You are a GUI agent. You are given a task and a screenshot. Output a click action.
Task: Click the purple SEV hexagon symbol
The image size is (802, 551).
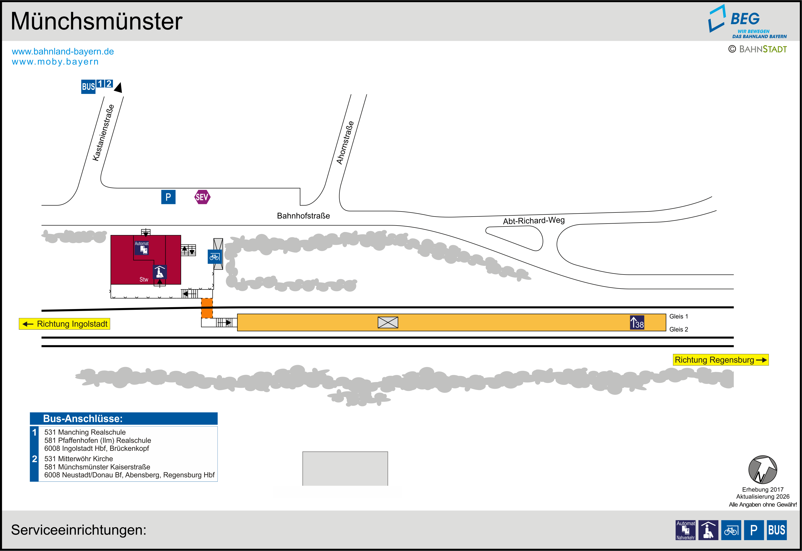pos(202,197)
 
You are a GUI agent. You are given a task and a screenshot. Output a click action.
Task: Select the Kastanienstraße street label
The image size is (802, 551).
pos(103,133)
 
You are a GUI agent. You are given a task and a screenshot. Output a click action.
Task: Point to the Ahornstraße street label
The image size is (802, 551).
pos(345,143)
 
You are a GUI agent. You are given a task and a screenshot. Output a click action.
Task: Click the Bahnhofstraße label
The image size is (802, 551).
pos(303,216)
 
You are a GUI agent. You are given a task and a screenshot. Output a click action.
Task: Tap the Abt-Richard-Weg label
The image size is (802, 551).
pos(534,220)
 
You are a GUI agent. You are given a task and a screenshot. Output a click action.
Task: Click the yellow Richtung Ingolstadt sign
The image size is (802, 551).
pos(64,324)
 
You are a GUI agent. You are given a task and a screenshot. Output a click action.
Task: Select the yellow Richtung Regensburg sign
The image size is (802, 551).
pos(721,360)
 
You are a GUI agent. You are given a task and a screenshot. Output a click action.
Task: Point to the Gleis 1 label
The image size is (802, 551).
pos(678,316)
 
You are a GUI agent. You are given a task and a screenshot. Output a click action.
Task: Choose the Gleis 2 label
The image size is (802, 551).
pos(678,329)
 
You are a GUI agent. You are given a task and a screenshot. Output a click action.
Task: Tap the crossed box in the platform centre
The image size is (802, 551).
pos(388,322)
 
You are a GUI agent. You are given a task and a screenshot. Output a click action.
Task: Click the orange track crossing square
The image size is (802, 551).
pos(207,308)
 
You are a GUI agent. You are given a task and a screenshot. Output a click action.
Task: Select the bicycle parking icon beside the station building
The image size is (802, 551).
pos(215,257)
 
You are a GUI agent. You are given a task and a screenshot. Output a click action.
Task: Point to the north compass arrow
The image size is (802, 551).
pos(763,470)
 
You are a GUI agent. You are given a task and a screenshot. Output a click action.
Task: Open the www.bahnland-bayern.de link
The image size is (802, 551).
pos(63,51)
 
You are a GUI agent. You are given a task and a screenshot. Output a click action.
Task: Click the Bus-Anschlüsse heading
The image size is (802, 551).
pos(83,418)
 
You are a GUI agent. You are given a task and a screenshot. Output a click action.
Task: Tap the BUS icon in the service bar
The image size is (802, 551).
pos(776,530)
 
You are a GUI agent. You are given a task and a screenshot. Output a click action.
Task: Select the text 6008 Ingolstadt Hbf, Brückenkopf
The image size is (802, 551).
pos(97,448)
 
